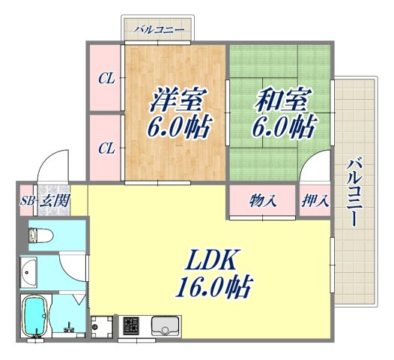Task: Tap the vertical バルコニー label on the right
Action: click(x=357, y=192)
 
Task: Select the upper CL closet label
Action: click(x=106, y=78)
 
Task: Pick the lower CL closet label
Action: click(x=106, y=147)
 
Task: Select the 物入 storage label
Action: click(x=263, y=201)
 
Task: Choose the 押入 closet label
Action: click(x=315, y=201)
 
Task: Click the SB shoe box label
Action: click(x=27, y=201)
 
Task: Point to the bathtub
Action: click(x=35, y=316)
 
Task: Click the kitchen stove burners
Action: click(x=131, y=326)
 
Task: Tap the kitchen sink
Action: click(x=164, y=325)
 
